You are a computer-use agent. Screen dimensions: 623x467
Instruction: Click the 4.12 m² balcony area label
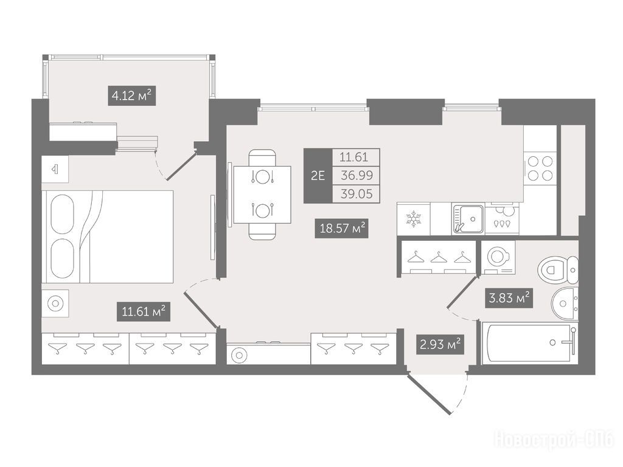pyautogui.click(x=131, y=95)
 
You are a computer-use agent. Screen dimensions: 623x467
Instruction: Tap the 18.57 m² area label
pyautogui.click(x=342, y=229)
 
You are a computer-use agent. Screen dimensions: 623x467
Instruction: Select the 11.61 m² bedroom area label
pyautogui.click(x=144, y=311)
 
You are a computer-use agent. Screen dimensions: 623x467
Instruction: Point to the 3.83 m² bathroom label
pyautogui.click(x=509, y=298)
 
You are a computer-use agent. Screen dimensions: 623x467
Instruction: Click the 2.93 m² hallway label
pyautogui.click(x=440, y=344)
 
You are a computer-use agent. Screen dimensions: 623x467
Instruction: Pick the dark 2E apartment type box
pyautogui.click(x=318, y=176)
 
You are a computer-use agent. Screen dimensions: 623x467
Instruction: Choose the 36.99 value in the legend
pyautogui.click(x=357, y=176)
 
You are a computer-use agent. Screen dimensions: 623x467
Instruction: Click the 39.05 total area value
pyautogui.click(x=357, y=194)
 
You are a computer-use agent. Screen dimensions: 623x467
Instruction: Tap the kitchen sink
pyautogui.click(x=468, y=218)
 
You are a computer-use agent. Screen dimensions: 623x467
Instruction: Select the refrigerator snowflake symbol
pyautogui.click(x=413, y=219)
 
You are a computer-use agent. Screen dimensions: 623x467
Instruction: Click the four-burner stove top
pyautogui.click(x=540, y=168)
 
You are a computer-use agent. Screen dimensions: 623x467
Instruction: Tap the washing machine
pyautogui.click(x=498, y=257)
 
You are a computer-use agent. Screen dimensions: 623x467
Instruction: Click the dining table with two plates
pyautogui.click(x=262, y=195)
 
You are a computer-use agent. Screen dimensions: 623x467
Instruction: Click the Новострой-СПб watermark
pyautogui.click(x=554, y=440)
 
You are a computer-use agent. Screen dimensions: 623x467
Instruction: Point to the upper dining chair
pyautogui.click(x=262, y=157)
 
